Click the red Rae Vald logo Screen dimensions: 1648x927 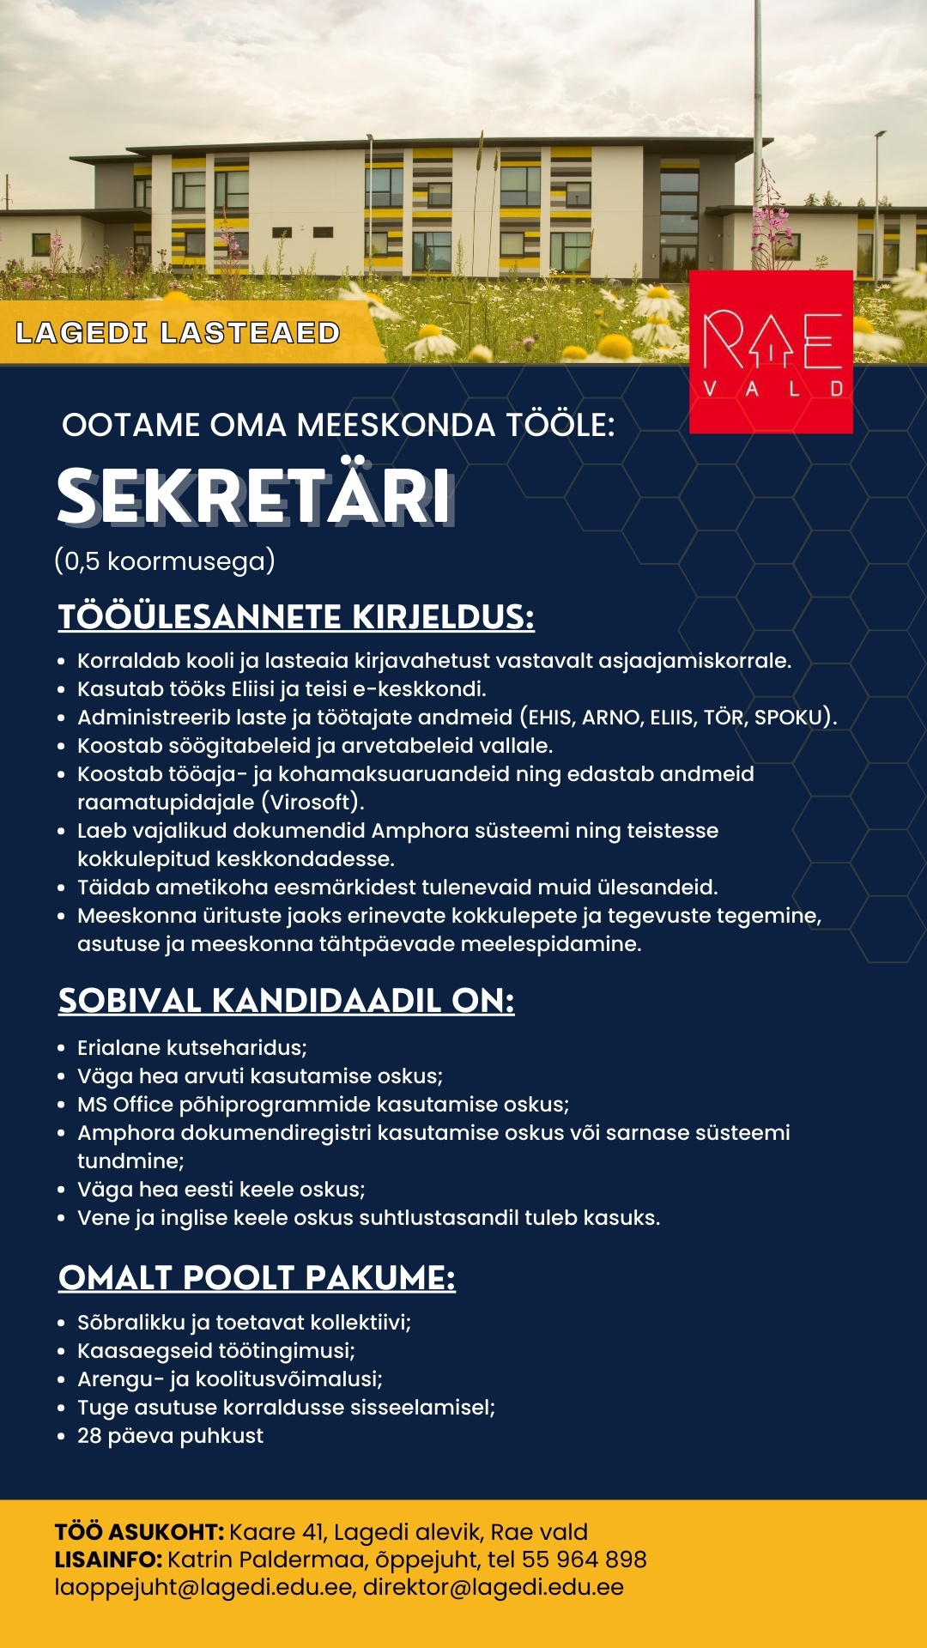click(x=771, y=352)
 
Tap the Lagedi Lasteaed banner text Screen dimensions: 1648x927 click(x=178, y=333)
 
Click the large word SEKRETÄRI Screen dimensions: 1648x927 click(x=254, y=497)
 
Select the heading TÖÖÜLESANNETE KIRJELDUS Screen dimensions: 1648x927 click(x=296, y=617)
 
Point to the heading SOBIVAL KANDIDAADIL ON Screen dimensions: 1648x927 click(x=286, y=1001)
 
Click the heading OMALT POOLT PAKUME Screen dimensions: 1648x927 click(x=257, y=1278)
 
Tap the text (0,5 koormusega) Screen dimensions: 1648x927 click(x=165, y=561)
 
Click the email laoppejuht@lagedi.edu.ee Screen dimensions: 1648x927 click(x=203, y=1587)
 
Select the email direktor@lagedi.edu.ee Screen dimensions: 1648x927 click(x=493, y=1587)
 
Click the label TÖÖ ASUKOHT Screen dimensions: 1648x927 click(x=139, y=1532)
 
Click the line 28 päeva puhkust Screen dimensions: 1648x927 click(x=170, y=1436)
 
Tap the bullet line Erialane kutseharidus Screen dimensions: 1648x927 click(x=191, y=1048)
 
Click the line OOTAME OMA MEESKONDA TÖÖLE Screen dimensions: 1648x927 click(x=338, y=425)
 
